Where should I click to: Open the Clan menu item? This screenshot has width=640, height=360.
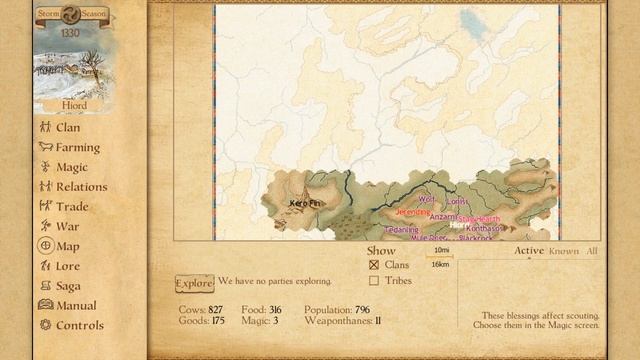click(68, 127)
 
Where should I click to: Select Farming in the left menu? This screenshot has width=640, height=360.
click(77, 147)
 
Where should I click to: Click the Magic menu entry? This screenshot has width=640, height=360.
click(71, 167)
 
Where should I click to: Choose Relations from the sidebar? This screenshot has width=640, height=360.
click(81, 186)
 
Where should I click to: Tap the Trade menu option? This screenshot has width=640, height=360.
click(72, 206)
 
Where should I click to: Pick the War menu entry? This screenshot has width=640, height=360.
click(67, 226)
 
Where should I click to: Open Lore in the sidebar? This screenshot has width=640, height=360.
click(68, 266)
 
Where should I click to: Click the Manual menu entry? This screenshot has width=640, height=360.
click(76, 305)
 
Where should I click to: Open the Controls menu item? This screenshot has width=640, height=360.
click(79, 325)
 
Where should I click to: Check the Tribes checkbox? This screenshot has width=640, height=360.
click(374, 281)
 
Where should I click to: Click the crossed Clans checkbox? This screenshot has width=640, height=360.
click(374, 265)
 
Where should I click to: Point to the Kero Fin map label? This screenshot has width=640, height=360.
click(306, 203)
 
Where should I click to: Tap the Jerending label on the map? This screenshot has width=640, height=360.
click(413, 212)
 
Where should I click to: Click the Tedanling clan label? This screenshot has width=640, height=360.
click(401, 229)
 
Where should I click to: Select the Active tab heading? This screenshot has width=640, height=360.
click(529, 251)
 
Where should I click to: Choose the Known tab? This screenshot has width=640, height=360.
click(564, 251)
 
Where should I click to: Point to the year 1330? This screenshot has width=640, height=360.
click(70, 33)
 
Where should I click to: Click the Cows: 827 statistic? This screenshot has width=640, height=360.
click(201, 310)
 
